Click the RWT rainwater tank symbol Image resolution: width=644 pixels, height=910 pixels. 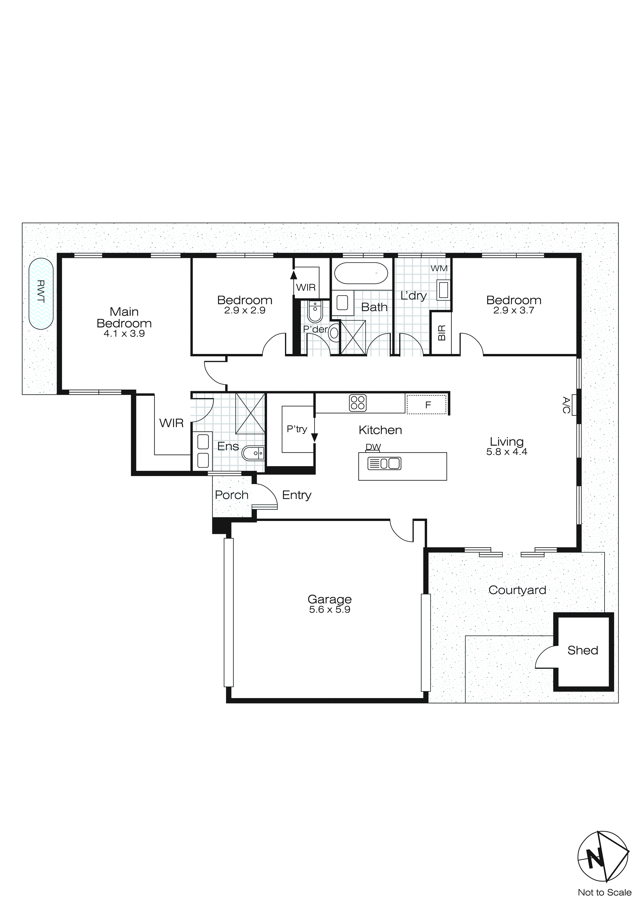[x=41, y=293]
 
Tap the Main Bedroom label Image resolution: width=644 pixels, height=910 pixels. [x=124, y=317]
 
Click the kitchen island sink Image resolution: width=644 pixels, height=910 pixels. [x=384, y=463]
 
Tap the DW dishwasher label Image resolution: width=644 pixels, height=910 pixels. [x=373, y=447]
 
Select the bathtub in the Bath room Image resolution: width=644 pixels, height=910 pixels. [x=361, y=273]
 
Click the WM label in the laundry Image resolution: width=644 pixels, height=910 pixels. [x=439, y=268]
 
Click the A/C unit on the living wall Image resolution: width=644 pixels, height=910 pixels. [x=574, y=405]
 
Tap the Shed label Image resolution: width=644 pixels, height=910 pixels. [x=582, y=650]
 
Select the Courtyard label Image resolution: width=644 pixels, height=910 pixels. [x=517, y=590]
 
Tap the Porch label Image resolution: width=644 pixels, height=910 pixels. [x=231, y=495]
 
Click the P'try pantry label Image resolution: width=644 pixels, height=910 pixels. [x=297, y=429]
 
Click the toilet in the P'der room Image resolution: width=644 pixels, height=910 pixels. [x=315, y=313]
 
